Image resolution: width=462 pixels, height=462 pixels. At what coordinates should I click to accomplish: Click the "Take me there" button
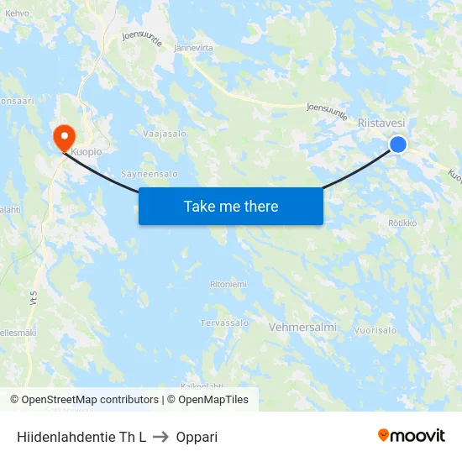231,206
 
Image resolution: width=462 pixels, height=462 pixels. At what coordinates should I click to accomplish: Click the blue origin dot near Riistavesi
398,144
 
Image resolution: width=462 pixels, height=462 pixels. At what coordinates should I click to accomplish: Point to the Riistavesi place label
381,123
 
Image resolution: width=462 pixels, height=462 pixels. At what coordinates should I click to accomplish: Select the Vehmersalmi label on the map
302,327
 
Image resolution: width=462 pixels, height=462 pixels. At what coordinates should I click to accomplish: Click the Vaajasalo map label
165,134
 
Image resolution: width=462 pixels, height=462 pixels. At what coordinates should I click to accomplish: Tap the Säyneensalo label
150,174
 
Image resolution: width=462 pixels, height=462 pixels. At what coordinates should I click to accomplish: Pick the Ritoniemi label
228,284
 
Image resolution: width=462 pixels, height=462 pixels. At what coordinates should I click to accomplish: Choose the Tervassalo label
224,323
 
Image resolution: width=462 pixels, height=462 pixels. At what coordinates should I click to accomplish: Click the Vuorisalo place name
375,330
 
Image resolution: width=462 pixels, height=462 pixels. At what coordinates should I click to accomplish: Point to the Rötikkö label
402,223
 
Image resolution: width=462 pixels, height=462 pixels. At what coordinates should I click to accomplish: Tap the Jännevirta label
193,48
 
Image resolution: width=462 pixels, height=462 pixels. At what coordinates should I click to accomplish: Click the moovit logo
412,436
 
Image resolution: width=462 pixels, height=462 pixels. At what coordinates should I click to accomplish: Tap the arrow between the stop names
161,437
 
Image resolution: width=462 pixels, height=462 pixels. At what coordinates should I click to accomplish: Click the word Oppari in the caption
197,437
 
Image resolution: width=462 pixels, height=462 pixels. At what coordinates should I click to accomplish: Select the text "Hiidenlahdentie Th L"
81,437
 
